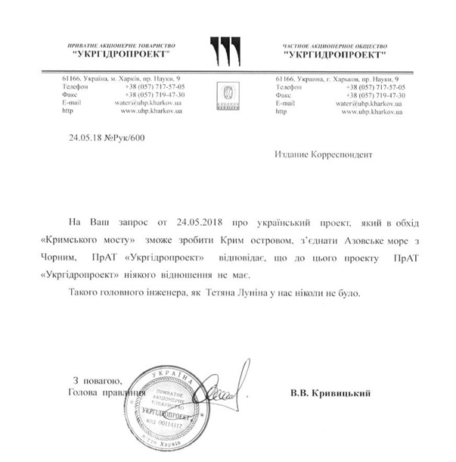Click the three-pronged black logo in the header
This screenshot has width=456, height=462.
(x=224, y=51)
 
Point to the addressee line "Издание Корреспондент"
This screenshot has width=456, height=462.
(x=324, y=155)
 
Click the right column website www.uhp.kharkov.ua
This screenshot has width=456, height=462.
(x=372, y=111)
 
